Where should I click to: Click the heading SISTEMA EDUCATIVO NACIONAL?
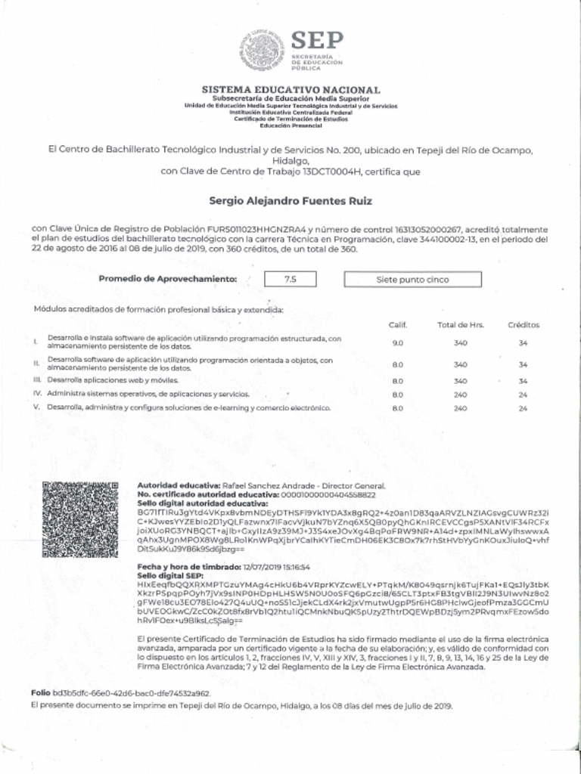point(291,90)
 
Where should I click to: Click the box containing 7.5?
point(290,279)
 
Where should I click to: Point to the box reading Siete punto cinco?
point(412,279)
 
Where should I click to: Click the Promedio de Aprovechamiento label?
point(168,279)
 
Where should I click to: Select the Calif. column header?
point(398,325)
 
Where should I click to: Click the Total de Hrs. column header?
point(460,325)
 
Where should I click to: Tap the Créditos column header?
point(524,325)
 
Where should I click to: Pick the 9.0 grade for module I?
point(398,343)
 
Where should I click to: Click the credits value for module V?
point(523,408)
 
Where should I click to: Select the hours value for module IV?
point(460,395)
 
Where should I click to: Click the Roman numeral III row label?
point(36,380)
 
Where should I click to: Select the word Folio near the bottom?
point(40,692)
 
